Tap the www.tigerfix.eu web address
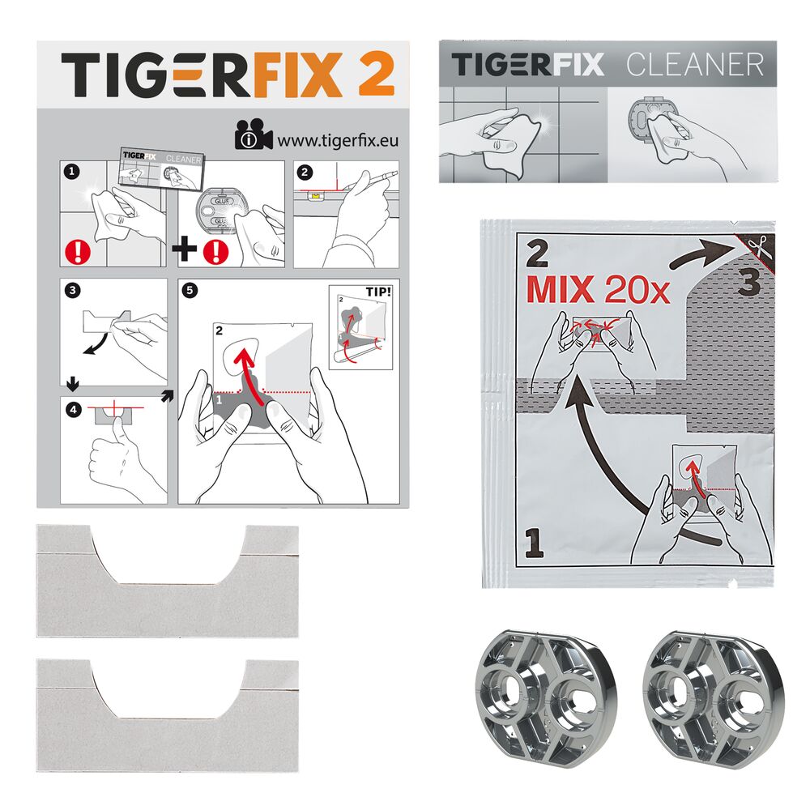pyautogui.click(x=338, y=140)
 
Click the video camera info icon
pyautogui.click(x=253, y=135)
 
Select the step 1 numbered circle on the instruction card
pyautogui.click(x=72, y=172)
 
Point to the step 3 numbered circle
pyautogui.click(x=72, y=290)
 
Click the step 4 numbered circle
pyautogui.click(x=74, y=410)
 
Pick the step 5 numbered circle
pyautogui.click(x=190, y=290)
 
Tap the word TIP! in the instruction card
pyautogui.click(x=378, y=292)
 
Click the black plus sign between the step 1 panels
pyautogui.click(x=185, y=249)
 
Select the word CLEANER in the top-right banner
pyautogui.click(x=695, y=65)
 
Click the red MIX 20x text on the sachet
pyautogui.click(x=599, y=290)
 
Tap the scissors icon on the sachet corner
pyautogui.click(x=761, y=248)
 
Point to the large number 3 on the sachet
pyautogui.click(x=749, y=283)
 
